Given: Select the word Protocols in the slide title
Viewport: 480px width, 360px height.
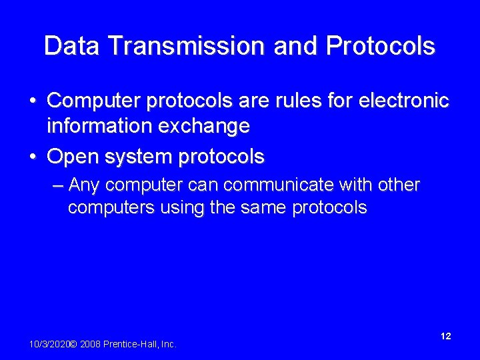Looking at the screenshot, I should pyautogui.click(x=381, y=46).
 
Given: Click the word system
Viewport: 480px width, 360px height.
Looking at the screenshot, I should pyautogui.click(x=139, y=157).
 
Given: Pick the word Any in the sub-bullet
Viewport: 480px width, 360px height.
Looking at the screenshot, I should pyautogui.click(x=85, y=184).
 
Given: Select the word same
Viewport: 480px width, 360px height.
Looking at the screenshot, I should pyautogui.click(x=263, y=207).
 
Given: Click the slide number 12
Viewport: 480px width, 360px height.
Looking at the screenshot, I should pyautogui.click(x=445, y=336).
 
